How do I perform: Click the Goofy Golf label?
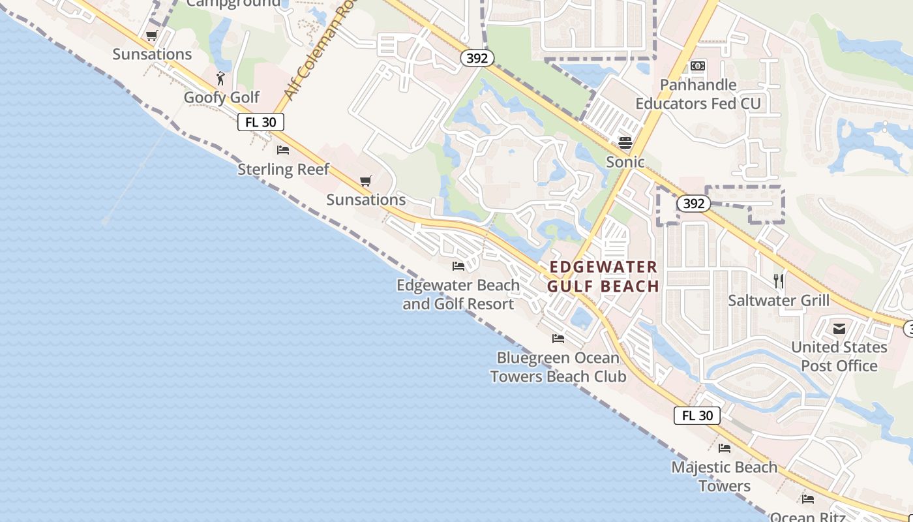click(222, 97)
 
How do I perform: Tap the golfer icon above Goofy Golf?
click(221, 79)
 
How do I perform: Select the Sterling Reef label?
click(283, 170)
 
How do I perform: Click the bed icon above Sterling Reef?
click(283, 150)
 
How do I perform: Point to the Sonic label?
click(625, 162)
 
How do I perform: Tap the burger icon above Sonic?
click(625, 143)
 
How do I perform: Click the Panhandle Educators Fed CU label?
click(698, 95)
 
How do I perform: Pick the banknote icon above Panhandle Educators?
click(698, 66)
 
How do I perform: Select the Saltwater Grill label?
click(779, 301)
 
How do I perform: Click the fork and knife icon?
click(778, 281)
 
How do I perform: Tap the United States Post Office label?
click(839, 356)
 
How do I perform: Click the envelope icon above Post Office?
click(839, 328)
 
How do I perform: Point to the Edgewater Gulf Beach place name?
click(603, 277)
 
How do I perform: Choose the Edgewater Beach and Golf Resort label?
click(458, 294)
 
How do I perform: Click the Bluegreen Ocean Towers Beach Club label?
click(558, 367)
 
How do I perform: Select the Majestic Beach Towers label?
click(725, 476)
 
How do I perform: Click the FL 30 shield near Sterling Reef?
click(261, 122)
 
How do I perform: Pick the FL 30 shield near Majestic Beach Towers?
click(697, 416)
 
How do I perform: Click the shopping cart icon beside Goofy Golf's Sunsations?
click(152, 36)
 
